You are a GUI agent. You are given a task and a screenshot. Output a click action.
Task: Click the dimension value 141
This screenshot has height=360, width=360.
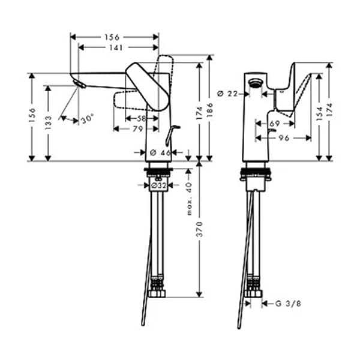119,47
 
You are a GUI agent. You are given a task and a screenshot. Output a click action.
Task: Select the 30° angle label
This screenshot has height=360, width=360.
88,119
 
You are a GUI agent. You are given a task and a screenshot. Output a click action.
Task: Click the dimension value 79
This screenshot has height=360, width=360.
137,128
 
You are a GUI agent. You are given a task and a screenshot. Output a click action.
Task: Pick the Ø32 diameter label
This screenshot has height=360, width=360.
158,187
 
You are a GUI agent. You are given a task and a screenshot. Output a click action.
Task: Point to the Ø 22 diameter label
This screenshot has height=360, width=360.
227,93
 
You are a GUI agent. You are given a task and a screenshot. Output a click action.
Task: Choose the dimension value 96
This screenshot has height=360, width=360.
284,137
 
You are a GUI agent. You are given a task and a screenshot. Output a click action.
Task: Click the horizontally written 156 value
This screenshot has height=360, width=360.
112,37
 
